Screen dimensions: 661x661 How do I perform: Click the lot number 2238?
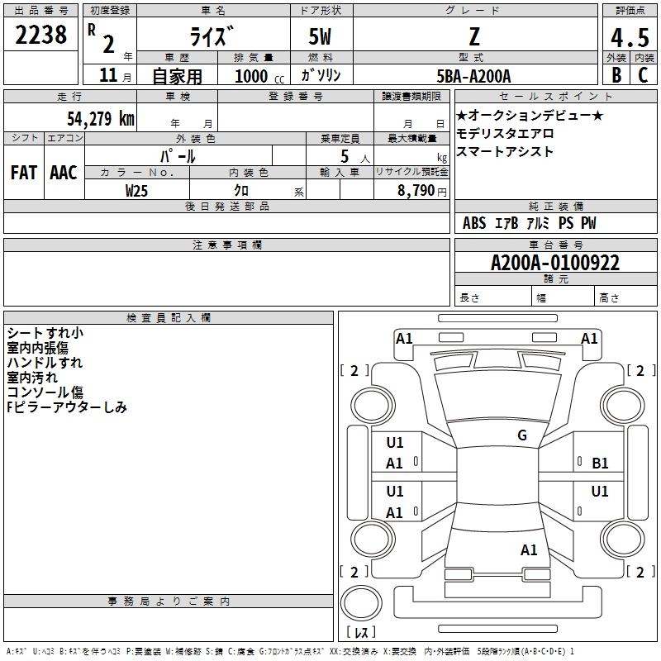[x=41, y=36]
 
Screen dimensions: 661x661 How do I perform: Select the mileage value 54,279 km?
[x=100, y=117]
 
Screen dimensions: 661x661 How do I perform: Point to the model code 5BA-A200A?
[x=473, y=76]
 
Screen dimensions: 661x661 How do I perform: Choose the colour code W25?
[x=137, y=190]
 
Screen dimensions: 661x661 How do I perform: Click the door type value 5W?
[x=321, y=37]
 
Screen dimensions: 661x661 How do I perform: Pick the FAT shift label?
[x=24, y=172]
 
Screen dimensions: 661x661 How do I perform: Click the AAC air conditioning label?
[x=64, y=172]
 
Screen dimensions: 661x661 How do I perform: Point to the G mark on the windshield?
[x=521, y=435]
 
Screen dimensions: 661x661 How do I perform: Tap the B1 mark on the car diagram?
[x=600, y=464]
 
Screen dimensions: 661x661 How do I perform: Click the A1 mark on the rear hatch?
[x=529, y=549]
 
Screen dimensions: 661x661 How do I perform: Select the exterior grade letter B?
[x=616, y=75]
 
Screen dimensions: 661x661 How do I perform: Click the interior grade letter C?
[x=642, y=75]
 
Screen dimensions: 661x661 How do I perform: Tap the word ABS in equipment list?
[x=474, y=223]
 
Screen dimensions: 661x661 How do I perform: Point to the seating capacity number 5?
[x=344, y=155]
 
